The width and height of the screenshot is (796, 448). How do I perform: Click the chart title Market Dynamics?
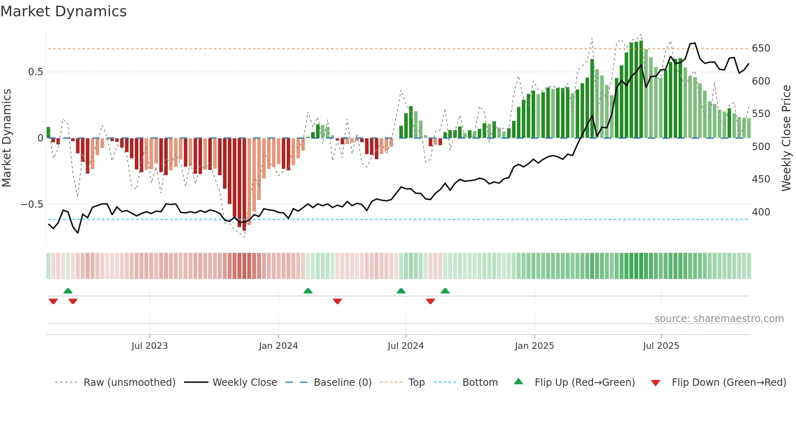[x=63, y=11]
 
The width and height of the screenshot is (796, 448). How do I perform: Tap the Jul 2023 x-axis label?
[x=149, y=346]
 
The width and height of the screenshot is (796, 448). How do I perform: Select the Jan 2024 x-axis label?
[x=278, y=346]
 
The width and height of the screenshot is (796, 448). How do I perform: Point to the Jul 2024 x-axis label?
[x=405, y=346]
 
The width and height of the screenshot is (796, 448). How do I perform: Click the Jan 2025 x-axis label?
[x=534, y=346]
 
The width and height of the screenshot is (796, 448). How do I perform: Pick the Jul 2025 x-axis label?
[x=661, y=346]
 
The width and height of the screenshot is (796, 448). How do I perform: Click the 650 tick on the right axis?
[x=761, y=48]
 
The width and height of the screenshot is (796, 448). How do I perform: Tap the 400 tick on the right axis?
[x=761, y=212]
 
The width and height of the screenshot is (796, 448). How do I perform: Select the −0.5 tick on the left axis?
[x=32, y=204]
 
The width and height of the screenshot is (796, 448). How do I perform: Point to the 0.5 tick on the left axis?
[x=35, y=72]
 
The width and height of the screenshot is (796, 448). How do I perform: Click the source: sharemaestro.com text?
[x=719, y=319]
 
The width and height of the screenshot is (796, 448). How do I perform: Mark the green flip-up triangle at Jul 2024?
[x=401, y=291]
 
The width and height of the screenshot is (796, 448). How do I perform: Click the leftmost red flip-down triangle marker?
[x=53, y=301]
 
